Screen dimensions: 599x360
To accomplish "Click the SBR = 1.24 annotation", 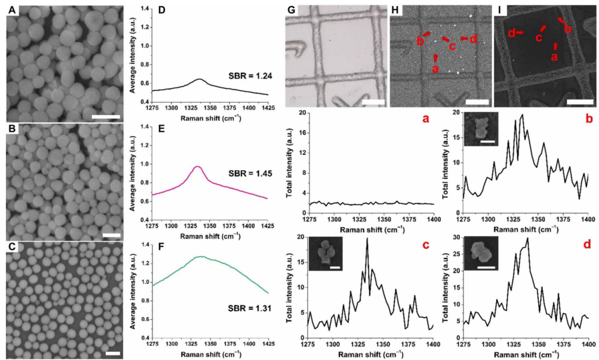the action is coord(250,76).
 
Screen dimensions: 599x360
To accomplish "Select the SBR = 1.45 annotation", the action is coord(250,173).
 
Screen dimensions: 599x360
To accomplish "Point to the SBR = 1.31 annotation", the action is coord(250,308).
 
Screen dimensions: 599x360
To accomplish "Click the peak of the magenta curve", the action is coord(197,166).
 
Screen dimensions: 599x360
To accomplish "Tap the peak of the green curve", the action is coord(202,256).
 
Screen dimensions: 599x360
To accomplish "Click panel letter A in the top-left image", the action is coord(12,10).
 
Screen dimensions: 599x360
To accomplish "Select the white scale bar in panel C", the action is coord(113,353).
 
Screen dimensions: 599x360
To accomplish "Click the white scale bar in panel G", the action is coord(373,102).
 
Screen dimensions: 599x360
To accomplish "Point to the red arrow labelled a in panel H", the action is coord(435,57).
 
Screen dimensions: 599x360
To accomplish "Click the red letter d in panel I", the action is coord(512,33).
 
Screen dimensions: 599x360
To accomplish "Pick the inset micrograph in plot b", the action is coord(481,129).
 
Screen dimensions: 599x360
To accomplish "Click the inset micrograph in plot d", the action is coord(481,253).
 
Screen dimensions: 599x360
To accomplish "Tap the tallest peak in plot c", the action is coord(367,239).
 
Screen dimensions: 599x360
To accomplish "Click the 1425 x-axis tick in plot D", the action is coord(268,108).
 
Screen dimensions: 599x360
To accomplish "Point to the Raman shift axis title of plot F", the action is coord(210,354).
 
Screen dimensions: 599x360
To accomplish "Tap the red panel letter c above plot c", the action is coord(425,243).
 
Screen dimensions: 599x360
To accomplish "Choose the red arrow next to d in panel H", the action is coord(464,38).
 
